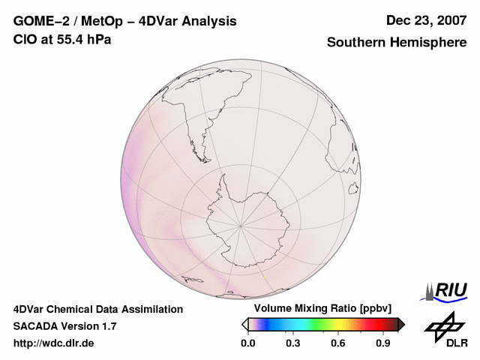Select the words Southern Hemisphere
397,43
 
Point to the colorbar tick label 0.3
293,343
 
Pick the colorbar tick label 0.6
338,343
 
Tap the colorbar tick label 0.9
384,343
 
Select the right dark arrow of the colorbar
401,324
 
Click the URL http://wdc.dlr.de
54,343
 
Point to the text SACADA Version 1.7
64,326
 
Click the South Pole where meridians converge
241,223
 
